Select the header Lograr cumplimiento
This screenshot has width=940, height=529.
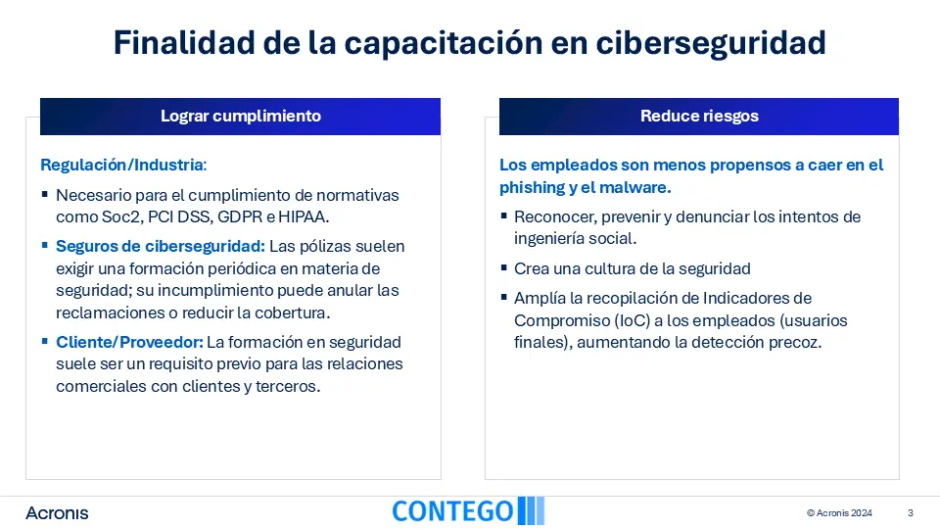pyautogui.click(x=241, y=116)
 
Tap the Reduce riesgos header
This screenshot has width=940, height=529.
pyautogui.click(x=699, y=116)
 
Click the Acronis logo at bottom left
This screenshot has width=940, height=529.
pyautogui.click(x=57, y=512)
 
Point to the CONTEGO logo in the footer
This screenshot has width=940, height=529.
pyautogui.click(x=468, y=511)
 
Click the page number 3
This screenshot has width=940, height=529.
pyautogui.click(x=910, y=512)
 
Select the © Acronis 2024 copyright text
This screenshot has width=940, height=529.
pyautogui.click(x=839, y=512)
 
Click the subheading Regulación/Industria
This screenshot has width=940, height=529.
pyautogui.click(x=123, y=165)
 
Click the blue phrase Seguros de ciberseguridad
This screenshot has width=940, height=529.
pyautogui.click(x=160, y=247)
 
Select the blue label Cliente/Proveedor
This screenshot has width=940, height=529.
pyautogui.click(x=129, y=342)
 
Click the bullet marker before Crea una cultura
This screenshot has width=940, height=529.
pyautogui.click(x=503, y=266)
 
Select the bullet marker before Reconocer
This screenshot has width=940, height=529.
pyautogui.click(x=503, y=216)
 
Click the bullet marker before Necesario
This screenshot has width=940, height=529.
pyautogui.click(x=45, y=194)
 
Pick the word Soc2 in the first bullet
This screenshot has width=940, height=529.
pyautogui.click(x=122, y=217)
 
